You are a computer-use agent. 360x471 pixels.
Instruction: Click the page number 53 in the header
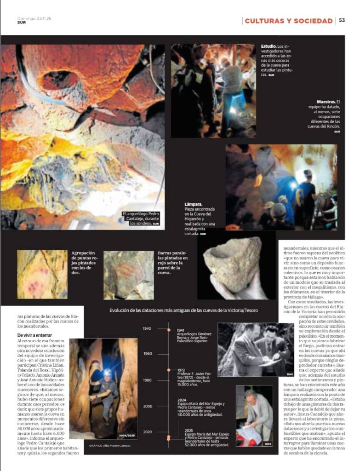point(342,21)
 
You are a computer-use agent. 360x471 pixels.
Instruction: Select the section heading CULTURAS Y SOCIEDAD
point(289,21)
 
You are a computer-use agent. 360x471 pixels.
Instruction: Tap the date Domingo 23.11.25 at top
point(35,18)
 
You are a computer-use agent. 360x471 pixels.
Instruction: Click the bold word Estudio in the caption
point(269,46)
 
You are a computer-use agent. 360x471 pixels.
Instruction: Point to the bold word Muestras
point(326,102)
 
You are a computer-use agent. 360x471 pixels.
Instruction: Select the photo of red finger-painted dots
point(42,274)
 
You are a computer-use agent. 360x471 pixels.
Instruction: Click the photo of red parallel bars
point(128,275)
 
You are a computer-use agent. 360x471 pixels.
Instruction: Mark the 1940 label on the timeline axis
point(147,328)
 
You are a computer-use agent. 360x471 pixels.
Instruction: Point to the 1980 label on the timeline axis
point(147,380)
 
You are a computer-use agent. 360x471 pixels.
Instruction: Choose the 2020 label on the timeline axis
point(147,432)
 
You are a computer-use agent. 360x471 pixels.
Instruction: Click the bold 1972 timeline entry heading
point(181,369)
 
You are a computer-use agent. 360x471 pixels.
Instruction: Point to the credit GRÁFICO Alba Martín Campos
point(102,446)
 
